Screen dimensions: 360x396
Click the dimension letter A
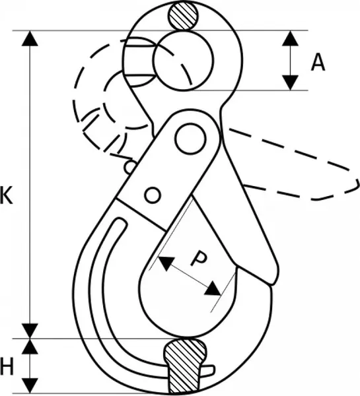[318, 63]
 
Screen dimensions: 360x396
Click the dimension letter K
[7, 195]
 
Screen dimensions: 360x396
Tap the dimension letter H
[7, 367]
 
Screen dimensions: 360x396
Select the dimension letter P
[199, 258]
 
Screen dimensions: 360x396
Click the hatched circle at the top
[183, 16]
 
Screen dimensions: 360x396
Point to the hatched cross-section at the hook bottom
[184, 366]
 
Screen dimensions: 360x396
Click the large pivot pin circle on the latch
[190, 139]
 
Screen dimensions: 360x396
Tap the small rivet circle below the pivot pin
[153, 195]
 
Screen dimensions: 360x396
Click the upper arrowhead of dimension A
[290, 38]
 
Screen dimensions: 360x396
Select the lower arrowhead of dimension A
[290, 82]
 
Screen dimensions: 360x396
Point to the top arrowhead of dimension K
[30, 38]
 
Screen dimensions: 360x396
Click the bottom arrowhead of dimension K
[30, 331]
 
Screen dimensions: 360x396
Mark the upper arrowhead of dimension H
[30, 346]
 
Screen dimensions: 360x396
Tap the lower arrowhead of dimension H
[30, 385]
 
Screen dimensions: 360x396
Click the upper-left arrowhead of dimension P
[166, 263]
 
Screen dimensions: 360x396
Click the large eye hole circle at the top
[183, 61]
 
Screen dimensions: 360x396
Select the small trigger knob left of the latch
[130, 167]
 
